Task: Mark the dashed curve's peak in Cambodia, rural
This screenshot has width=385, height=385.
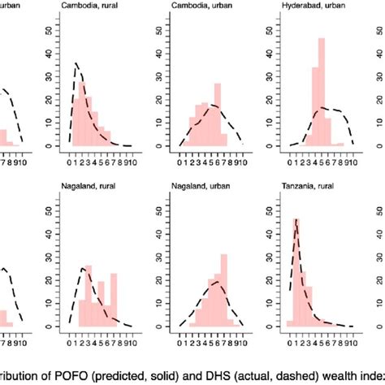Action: [76, 63]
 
